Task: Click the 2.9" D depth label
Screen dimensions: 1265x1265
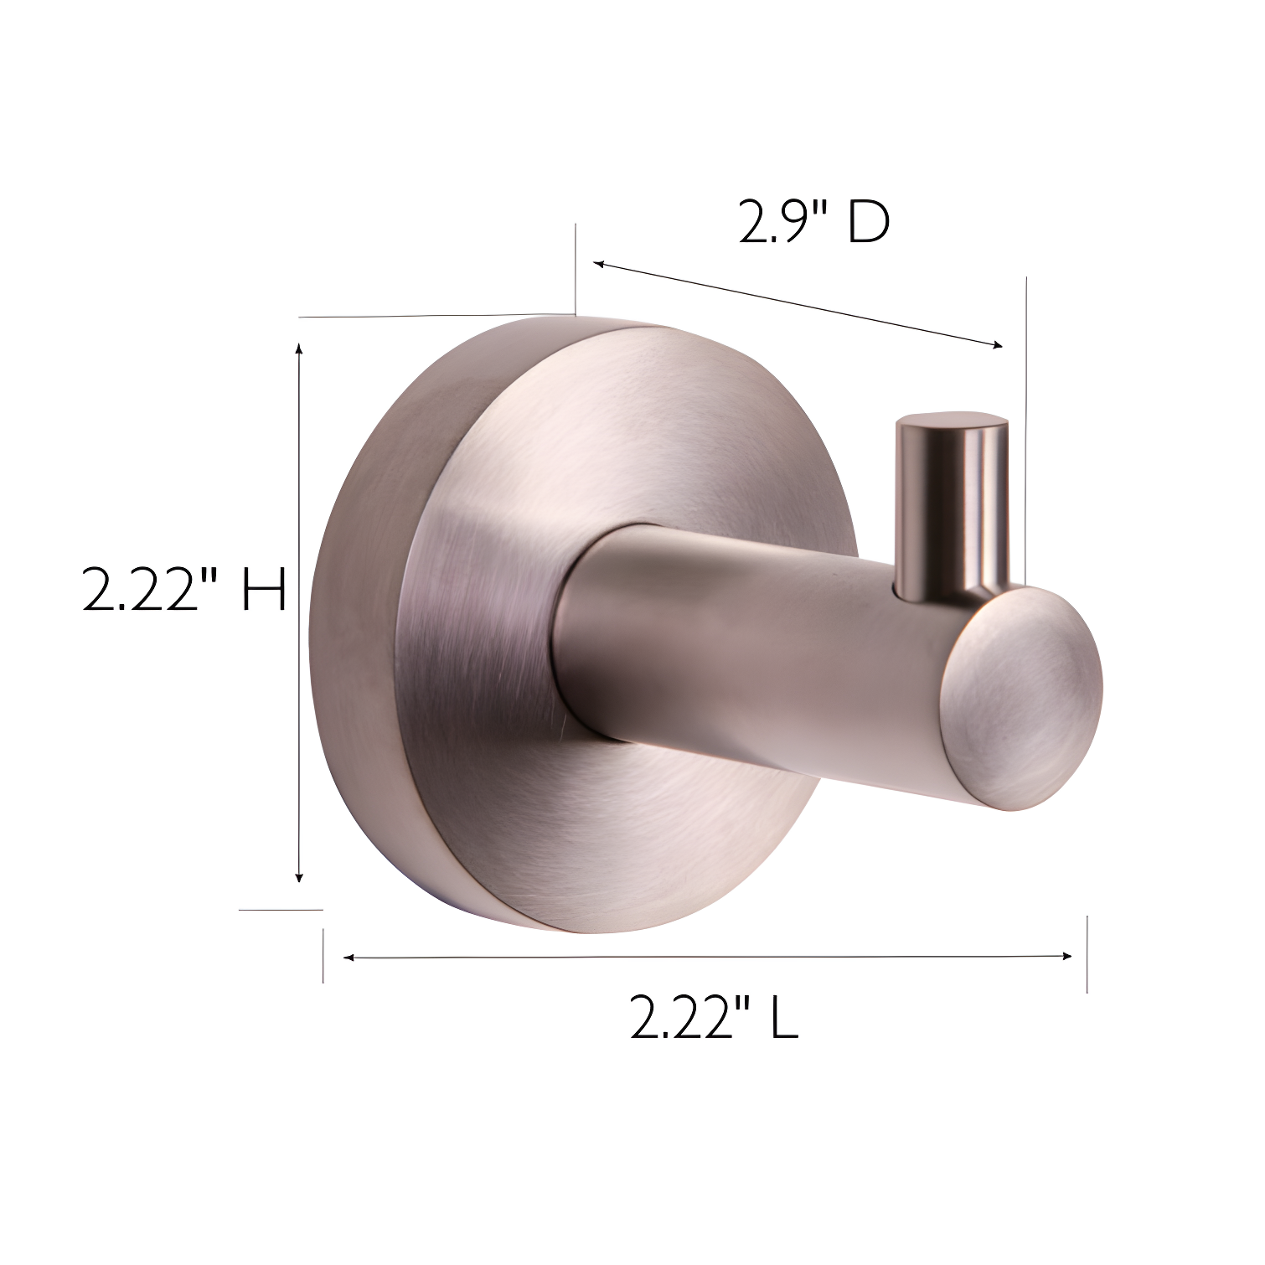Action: point(813,223)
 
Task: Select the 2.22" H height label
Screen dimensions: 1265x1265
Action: point(184,590)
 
